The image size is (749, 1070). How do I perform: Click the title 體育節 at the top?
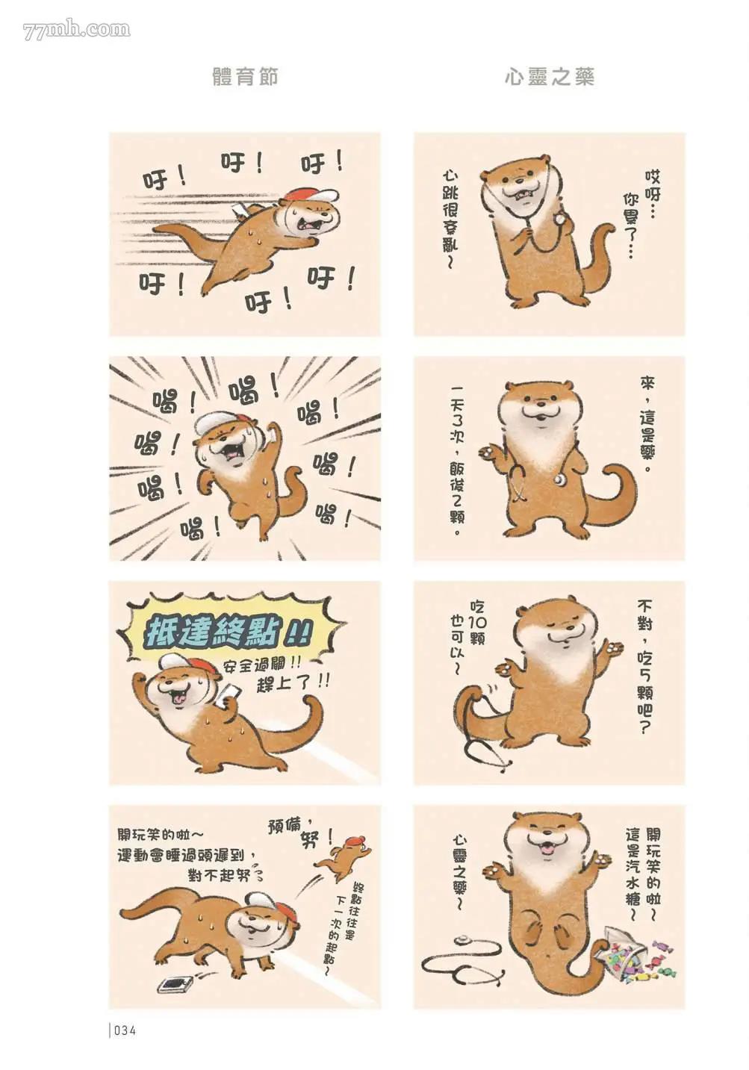tap(245, 77)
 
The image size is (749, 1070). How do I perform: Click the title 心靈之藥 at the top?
tap(550, 77)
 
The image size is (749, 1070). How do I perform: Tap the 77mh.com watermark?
tap(76, 30)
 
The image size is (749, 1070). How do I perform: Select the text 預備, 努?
tap(294, 833)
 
